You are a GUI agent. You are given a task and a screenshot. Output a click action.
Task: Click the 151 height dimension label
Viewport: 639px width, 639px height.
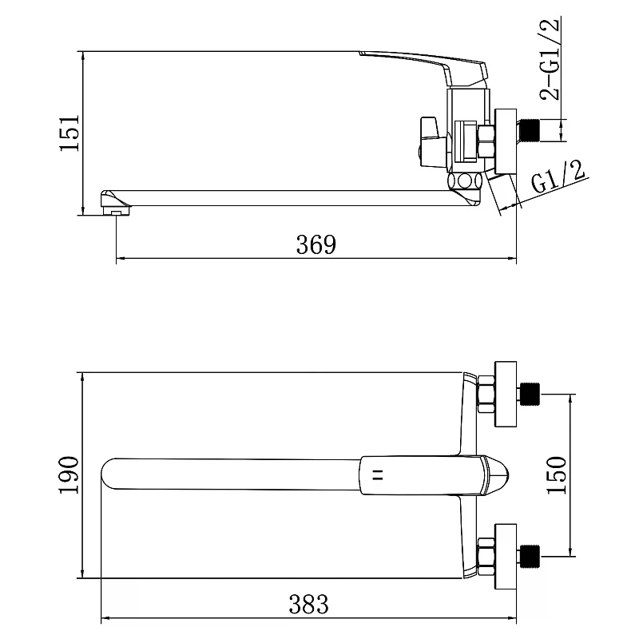(x=69, y=133)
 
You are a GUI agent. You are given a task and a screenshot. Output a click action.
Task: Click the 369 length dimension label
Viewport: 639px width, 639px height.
(x=316, y=244)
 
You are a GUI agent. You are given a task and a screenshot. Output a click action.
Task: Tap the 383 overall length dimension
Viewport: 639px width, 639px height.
(x=309, y=604)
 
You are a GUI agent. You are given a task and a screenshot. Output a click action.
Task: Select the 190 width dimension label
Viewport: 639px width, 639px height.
(x=69, y=475)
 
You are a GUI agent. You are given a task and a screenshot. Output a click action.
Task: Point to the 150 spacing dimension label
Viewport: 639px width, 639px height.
(x=556, y=475)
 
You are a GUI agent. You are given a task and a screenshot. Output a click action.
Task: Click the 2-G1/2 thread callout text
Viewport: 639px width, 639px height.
(x=550, y=59)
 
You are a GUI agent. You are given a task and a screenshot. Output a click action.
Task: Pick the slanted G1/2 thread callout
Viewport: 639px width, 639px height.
(x=558, y=177)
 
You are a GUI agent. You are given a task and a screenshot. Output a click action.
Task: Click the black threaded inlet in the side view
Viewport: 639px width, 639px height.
(x=530, y=130)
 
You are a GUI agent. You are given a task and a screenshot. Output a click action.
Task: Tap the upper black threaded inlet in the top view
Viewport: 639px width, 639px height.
(x=530, y=394)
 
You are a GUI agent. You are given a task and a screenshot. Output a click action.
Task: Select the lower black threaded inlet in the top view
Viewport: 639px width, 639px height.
(x=530, y=556)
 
